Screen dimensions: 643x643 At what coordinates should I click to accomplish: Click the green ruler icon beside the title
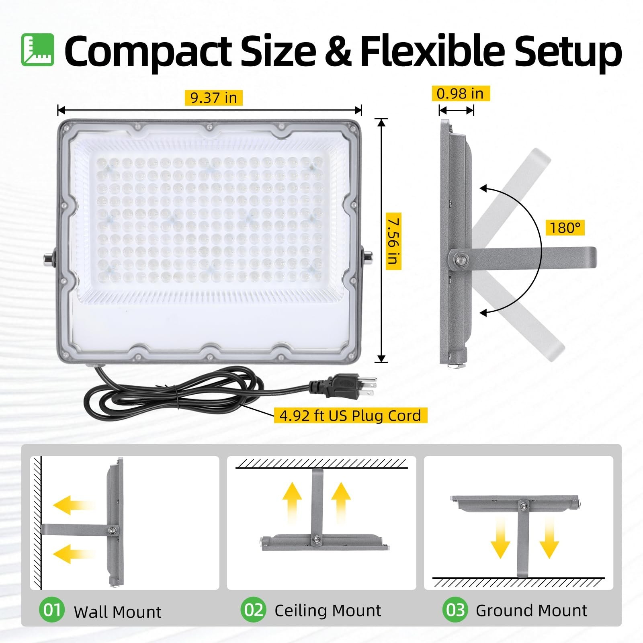[37, 50]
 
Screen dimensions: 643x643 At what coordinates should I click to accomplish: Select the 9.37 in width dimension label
[213, 98]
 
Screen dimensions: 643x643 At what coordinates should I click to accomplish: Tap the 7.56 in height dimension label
[393, 242]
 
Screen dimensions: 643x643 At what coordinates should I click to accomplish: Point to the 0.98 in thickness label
[460, 94]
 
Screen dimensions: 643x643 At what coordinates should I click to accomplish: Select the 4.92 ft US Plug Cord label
[350, 416]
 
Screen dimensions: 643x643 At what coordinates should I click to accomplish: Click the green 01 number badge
[52, 610]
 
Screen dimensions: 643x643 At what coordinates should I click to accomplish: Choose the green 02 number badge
[253, 610]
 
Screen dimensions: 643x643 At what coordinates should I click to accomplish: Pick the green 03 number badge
[455, 610]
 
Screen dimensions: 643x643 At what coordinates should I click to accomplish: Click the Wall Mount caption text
[117, 612]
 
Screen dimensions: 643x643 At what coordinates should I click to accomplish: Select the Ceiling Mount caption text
[328, 610]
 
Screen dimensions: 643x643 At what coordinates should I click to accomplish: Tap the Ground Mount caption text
[531, 610]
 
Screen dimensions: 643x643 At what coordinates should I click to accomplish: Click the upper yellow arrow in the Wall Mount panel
[72, 505]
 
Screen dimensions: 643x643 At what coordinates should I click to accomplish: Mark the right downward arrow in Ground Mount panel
[549, 537]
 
